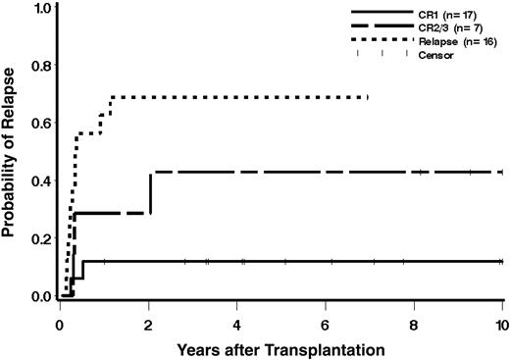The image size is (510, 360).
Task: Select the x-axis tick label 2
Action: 149,321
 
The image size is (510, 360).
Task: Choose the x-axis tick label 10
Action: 501,321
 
